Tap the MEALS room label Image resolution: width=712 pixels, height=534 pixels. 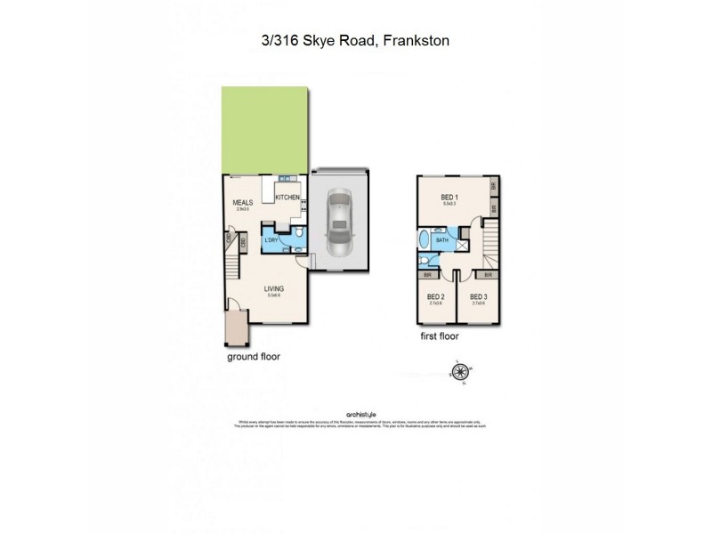coord(244,203)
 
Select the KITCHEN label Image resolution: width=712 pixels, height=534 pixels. coord(287,198)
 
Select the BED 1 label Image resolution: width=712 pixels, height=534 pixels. coord(449,198)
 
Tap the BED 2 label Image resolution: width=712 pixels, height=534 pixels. coord(435,296)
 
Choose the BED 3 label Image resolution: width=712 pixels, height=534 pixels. coord(478,296)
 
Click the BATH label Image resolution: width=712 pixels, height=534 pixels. coord(442,240)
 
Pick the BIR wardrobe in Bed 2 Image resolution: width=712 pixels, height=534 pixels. coord(430,276)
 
